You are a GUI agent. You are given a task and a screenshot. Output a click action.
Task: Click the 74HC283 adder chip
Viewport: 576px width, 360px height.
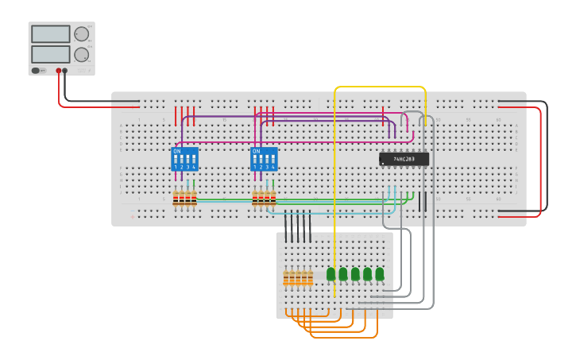tap(404, 159)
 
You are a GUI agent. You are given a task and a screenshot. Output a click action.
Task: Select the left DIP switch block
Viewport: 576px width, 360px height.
tap(184, 158)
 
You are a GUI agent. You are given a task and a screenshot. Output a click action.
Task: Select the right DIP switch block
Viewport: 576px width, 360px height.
tap(264, 158)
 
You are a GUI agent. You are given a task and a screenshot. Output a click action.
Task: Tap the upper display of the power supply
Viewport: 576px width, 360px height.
tap(50, 34)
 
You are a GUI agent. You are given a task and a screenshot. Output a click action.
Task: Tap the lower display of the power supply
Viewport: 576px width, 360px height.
tap(50, 54)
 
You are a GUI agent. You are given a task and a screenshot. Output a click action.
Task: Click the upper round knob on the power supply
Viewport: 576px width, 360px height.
tap(81, 34)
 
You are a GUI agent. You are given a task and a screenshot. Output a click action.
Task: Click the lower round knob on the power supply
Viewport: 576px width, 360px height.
tap(81, 54)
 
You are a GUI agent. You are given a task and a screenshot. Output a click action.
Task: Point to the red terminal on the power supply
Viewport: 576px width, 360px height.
tap(58, 71)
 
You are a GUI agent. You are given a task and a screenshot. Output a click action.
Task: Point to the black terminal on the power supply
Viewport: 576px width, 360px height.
tap(65, 71)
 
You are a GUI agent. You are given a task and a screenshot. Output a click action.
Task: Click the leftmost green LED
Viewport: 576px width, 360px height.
tap(331, 274)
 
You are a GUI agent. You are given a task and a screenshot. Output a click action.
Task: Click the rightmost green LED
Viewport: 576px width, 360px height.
tap(380, 274)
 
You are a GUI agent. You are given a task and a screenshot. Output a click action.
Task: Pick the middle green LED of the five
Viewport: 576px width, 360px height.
tap(355, 274)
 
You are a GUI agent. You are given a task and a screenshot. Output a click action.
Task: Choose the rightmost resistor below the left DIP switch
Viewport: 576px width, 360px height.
tap(194, 199)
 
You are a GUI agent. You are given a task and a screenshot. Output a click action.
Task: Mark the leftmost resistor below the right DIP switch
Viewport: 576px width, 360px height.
tap(255, 199)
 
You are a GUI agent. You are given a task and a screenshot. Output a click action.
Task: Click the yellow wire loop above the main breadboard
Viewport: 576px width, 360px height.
tap(380, 87)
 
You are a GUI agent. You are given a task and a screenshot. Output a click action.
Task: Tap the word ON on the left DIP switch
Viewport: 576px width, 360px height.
tap(176, 150)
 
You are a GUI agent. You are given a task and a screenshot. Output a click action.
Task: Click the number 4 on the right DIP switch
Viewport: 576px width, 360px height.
tap(273, 168)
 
